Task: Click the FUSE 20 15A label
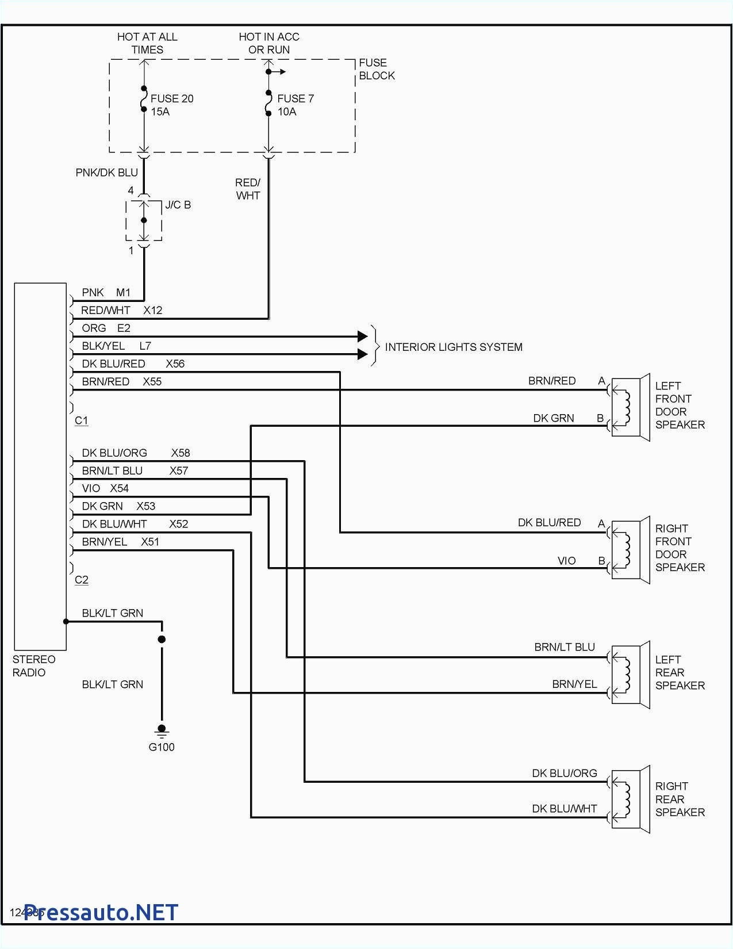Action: click(171, 105)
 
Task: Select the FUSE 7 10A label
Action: click(295, 105)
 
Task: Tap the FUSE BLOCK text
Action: click(377, 69)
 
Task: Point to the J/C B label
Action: click(178, 205)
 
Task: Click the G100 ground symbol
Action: click(162, 732)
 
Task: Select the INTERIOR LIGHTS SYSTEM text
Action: click(453, 347)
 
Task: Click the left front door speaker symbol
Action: click(630, 407)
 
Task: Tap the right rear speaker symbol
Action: click(630, 799)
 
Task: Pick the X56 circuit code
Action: click(175, 363)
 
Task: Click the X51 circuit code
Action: click(150, 542)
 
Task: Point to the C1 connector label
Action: click(82, 420)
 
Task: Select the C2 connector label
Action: click(82, 580)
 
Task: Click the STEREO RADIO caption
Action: click(34, 666)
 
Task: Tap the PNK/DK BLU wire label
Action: click(106, 173)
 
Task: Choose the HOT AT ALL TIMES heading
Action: click(147, 43)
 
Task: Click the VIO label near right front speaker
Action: click(566, 560)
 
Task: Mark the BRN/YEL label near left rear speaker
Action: click(574, 684)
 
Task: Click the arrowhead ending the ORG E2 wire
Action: click(362, 336)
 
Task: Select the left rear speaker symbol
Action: click(630, 674)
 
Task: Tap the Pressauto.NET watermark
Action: click(101, 912)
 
